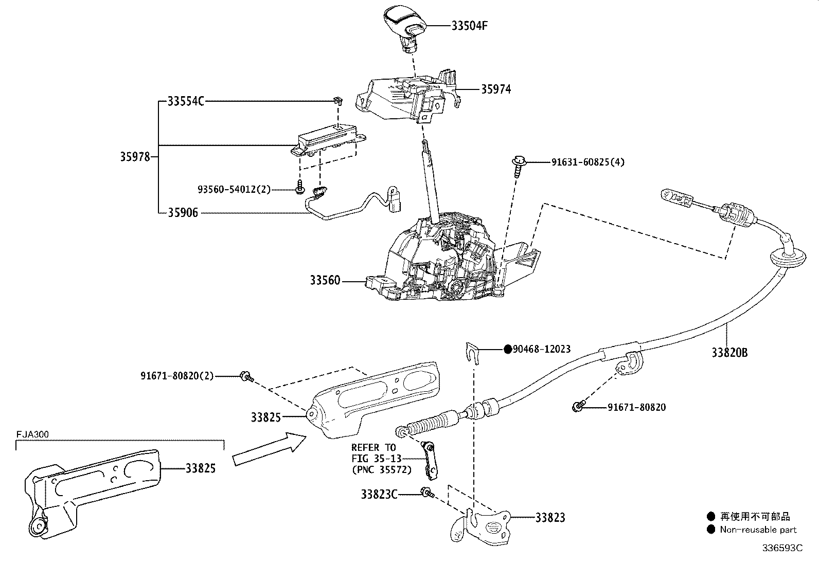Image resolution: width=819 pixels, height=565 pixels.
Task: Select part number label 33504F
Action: click(469, 26)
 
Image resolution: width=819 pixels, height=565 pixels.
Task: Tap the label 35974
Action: click(496, 89)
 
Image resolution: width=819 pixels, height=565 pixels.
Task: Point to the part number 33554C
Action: click(186, 101)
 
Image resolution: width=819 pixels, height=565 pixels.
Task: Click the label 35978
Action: click(135, 157)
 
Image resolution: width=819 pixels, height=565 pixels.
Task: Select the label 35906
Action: click(183, 212)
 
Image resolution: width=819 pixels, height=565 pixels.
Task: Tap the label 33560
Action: click(325, 281)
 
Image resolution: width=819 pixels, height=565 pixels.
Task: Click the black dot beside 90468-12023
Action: click(508, 349)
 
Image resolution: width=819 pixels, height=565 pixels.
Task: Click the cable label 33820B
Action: click(729, 353)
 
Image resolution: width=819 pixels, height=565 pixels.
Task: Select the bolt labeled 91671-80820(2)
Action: click(246, 377)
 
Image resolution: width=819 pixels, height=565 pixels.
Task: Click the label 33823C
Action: click(379, 494)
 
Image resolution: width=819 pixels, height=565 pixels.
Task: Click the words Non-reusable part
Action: click(758, 530)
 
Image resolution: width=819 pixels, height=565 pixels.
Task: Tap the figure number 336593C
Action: click(782, 548)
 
